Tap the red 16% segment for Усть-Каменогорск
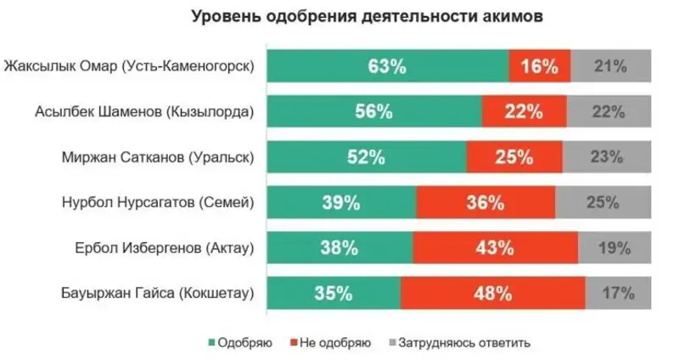click(x=540, y=65)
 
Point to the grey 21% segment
click(x=610, y=65)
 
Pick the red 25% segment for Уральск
click(x=514, y=157)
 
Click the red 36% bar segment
click(x=485, y=203)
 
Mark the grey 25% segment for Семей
click(x=603, y=203)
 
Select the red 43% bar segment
click(x=495, y=249)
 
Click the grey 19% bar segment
click(x=614, y=249)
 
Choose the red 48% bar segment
click(x=492, y=295)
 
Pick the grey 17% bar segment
click(x=618, y=295)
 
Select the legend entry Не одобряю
click(x=332, y=343)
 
